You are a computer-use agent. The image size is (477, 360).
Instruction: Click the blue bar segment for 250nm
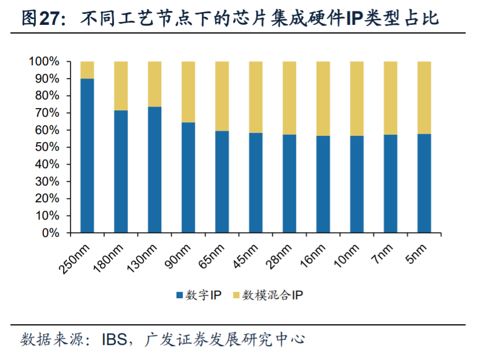point(87,156)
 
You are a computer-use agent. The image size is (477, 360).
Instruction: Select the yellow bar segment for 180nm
point(121,86)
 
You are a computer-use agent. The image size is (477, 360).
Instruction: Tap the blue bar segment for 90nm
point(188,178)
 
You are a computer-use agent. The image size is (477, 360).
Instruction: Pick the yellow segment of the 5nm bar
point(424,97)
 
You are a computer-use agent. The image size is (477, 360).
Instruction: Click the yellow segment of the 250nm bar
point(87,69)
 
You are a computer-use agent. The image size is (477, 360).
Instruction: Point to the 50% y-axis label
point(46,147)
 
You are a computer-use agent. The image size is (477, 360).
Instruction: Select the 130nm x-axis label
point(142,258)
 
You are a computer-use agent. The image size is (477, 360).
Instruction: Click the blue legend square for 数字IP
point(179,295)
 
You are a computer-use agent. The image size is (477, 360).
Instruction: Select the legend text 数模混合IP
point(272,295)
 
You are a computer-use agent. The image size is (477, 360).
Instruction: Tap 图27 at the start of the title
point(39,19)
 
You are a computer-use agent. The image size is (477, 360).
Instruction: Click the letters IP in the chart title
point(355,19)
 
